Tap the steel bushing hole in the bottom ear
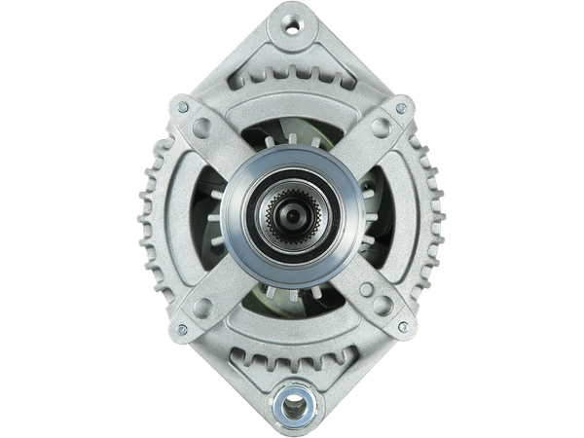point(292,401)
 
